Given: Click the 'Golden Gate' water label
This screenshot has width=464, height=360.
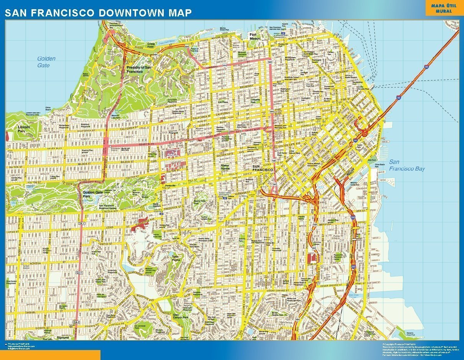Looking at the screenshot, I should coord(46,62).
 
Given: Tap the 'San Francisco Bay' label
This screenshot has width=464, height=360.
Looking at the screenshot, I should coord(407,165).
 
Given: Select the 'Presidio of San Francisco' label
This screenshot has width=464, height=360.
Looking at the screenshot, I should coord(139,69).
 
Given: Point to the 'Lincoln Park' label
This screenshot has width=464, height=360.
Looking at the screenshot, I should coord(24,129).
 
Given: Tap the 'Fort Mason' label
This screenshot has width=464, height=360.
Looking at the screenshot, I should coord(255,36).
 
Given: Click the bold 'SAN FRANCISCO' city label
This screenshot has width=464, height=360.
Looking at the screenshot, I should coord(263,169).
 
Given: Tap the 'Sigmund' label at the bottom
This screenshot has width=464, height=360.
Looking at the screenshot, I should coord(63,338).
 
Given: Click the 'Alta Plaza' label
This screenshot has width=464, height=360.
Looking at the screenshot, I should coord(222,102).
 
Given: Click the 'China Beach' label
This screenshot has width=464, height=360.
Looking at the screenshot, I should coord(48,108).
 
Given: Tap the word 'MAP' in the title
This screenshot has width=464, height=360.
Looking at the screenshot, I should coord(180,13).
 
